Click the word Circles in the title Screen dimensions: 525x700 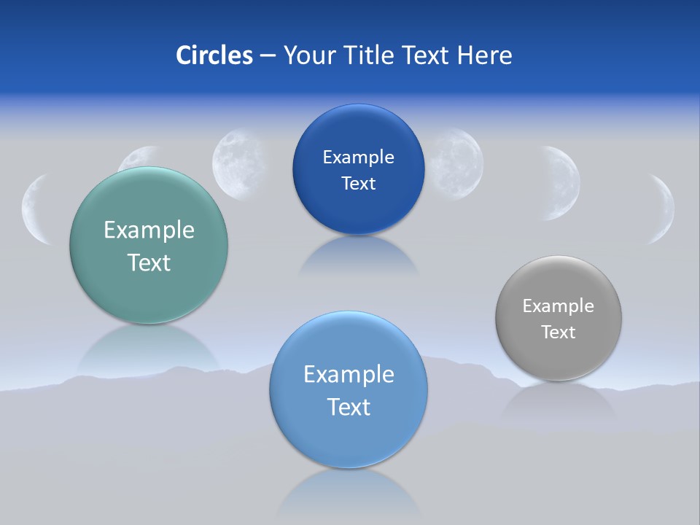click(214, 55)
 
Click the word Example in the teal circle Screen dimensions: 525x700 click(149, 230)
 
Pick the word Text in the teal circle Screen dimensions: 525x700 click(149, 262)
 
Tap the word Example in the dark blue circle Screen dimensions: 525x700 click(358, 157)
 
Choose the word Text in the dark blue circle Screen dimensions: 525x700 click(358, 183)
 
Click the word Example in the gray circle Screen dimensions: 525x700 click(558, 306)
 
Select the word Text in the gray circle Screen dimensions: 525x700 click(558, 332)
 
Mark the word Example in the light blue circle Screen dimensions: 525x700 click(349, 375)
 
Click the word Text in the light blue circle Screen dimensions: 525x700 click(349, 407)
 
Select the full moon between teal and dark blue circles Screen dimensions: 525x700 click(238, 164)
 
